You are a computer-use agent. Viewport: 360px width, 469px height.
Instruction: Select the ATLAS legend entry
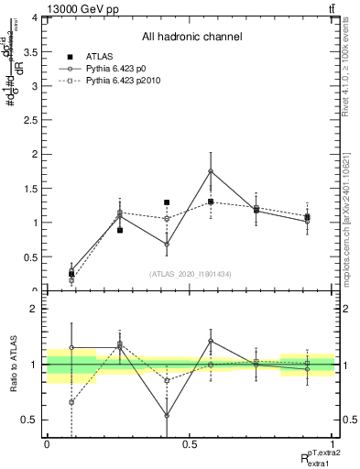click(99, 57)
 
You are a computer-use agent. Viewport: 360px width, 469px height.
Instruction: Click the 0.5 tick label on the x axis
click(189, 443)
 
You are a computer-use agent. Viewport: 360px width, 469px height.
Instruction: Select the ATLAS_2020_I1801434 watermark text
click(190, 274)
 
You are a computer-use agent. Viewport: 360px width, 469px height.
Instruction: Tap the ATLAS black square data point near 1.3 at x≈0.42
click(167, 202)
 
